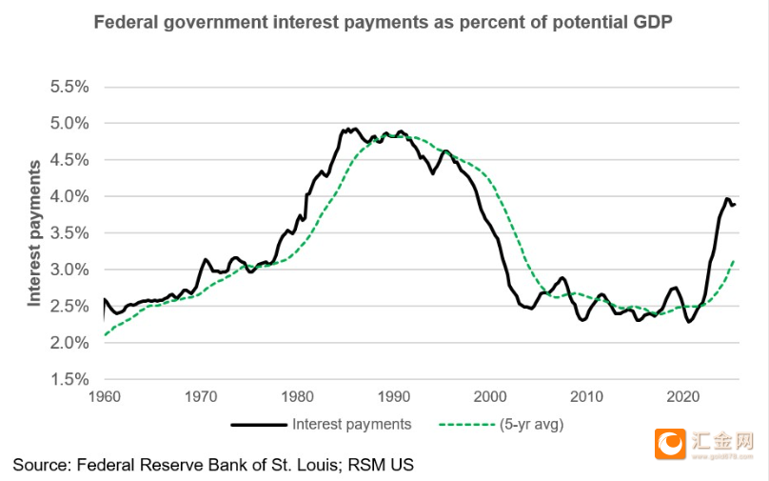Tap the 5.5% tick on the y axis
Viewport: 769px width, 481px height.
pos(69,87)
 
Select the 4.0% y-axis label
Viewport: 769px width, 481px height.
pos(69,196)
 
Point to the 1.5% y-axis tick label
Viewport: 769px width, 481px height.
pos(69,379)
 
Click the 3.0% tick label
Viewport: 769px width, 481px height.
pos(69,270)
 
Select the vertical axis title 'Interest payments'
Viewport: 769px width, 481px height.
pos(34,233)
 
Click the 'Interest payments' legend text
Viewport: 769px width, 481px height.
pos(352,425)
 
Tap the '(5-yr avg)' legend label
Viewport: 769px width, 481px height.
pos(532,425)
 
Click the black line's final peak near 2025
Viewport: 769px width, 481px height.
pos(727,199)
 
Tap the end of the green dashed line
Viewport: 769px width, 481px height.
pos(734,260)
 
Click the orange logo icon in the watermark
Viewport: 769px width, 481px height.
pos(670,444)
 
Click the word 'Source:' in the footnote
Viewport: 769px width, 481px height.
pos(40,465)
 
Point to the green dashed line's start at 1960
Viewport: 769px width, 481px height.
pos(104,335)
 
